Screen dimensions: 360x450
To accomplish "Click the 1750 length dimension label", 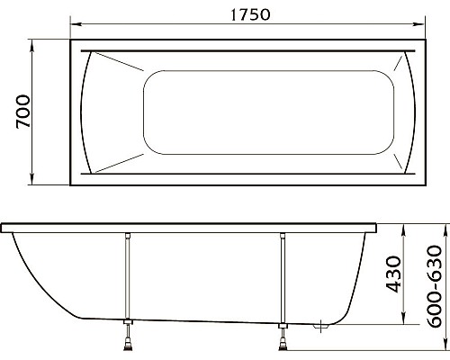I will pos(244,14).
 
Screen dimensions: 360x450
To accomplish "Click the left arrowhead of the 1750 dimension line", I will pos(75,26).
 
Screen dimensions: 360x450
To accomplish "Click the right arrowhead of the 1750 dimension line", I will pos(418,26).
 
